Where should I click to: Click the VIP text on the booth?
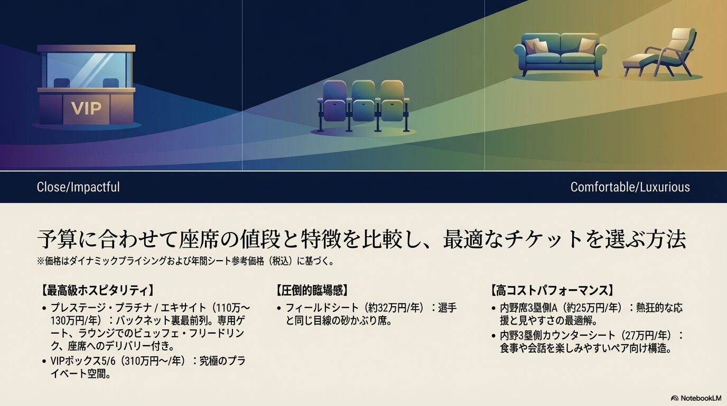click(x=86, y=108)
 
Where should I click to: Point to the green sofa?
click(x=561, y=54)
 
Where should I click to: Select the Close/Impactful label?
click(x=78, y=187)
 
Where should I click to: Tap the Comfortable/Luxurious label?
click(x=630, y=187)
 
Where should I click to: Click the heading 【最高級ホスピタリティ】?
click(x=97, y=290)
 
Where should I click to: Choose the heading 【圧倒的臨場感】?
click(x=312, y=290)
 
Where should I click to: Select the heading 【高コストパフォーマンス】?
click(x=553, y=290)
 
